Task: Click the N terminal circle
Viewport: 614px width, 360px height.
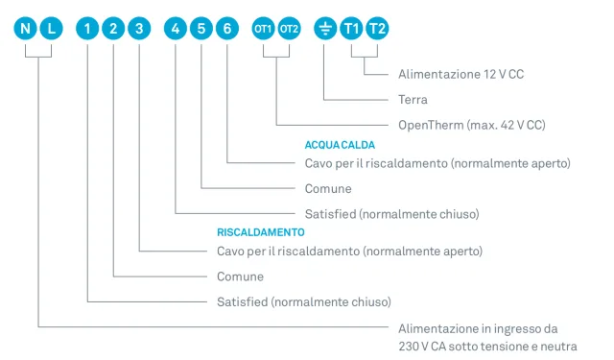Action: [x=26, y=29]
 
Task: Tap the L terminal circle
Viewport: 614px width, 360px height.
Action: [x=52, y=29]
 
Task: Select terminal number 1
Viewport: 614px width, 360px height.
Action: [x=88, y=29]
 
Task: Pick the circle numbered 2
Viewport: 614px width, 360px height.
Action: [x=114, y=29]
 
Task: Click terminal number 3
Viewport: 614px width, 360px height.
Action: [x=140, y=29]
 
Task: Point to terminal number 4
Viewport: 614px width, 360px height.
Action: [x=176, y=29]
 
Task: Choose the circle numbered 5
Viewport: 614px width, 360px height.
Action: [x=201, y=29]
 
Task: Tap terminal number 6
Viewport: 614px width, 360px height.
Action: [x=227, y=29]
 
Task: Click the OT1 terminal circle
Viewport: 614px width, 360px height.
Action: [x=263, y=29]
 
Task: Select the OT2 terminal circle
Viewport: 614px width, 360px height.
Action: [x=290, y=29]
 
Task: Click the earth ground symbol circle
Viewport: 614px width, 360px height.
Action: [x=325, y=29]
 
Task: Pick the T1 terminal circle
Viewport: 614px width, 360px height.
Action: [x=351, y=29]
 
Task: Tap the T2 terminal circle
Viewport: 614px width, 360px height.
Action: [x=377, y=29]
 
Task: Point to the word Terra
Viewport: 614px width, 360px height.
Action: [x=413, y=99]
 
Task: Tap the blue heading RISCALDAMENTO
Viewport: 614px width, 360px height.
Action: [x=261, y=232]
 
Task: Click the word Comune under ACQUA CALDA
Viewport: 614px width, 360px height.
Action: [x=328, y=189]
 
